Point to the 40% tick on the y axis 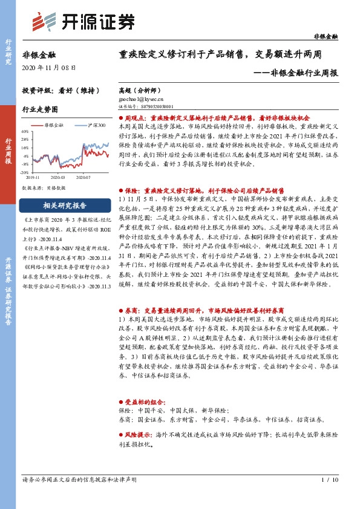[24, 131]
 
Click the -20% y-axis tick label [24, 172]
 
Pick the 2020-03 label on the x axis [59, 178]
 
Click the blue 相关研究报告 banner [65, 204]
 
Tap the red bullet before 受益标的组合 [119, 401]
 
